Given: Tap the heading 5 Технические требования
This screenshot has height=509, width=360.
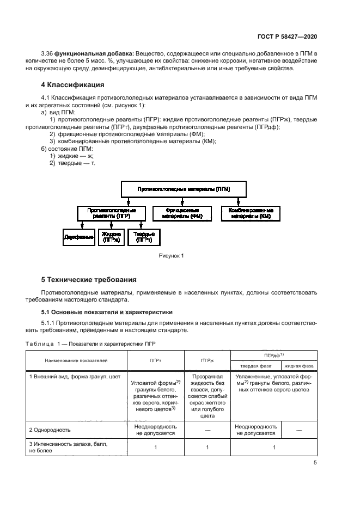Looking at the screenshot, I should point(89,280).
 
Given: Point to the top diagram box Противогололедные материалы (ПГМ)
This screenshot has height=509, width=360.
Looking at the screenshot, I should point(184,189).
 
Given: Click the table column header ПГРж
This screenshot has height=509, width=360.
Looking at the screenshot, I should point(207,360).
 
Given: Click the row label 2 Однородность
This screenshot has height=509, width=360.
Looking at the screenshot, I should point(50,430).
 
